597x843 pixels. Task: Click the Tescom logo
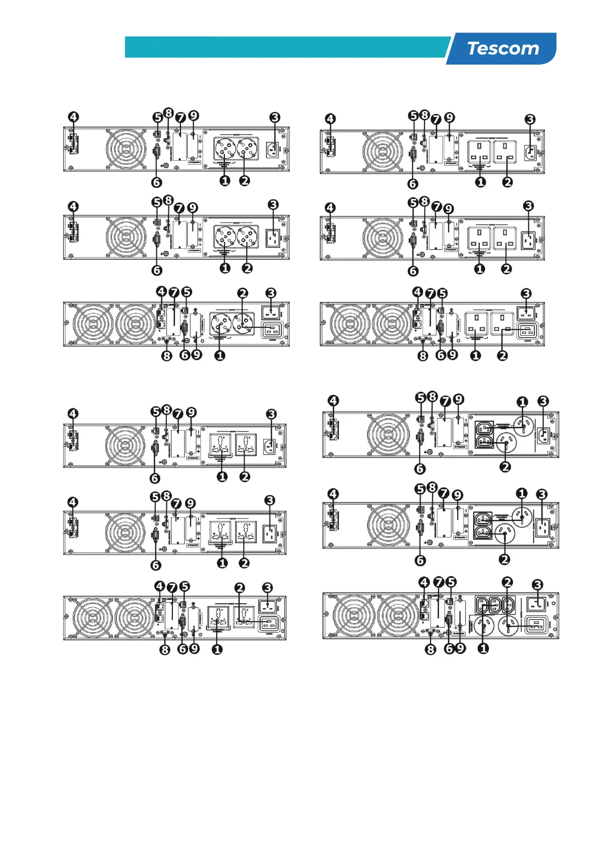pyautogui.click(x=503, y=49)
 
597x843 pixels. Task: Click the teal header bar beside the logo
pyautogui.click(x=286, y=47)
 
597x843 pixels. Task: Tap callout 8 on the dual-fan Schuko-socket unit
pyautogui.click(x=166, y=355)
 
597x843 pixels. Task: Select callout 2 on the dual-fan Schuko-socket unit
pyautogui.click(x=243, y=293)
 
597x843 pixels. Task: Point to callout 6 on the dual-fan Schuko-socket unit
pyautogui.click(x=184, y=355)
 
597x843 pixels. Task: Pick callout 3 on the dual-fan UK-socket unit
pyautogui.click(x=526, y=293)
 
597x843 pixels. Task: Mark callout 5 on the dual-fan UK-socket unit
pyautogui.click(x=442, y=293)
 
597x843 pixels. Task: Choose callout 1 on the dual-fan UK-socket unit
pyautogui.click(x=475, y=355)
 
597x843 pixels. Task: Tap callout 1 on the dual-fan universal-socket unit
pyautogui.click(x=217, y=649)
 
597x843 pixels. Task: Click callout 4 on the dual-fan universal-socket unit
pyautogui.click(x=159, y=586)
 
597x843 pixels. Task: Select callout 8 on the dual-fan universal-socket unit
pyautogui.click(x=164, y=650)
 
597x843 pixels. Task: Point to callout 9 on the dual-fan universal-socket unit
pyautogui.click(x=194, y=649)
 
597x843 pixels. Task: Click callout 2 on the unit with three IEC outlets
pyautogui.click(x=507, y=582)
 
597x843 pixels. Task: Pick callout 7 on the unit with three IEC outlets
pyautogui.click(x=439, y=582)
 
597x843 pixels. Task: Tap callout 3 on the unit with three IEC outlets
pyautogui.click(x=537, y=585)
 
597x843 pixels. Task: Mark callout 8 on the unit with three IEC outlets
pyautogui.click(x=430, y=650)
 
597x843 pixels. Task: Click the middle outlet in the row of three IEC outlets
pyautogui.click(x=494, y=605)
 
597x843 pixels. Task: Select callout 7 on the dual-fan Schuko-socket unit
pyautogui.click(x=174, y=292)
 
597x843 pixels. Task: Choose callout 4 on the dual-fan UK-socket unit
pyautogui.click(x=418, y=292)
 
